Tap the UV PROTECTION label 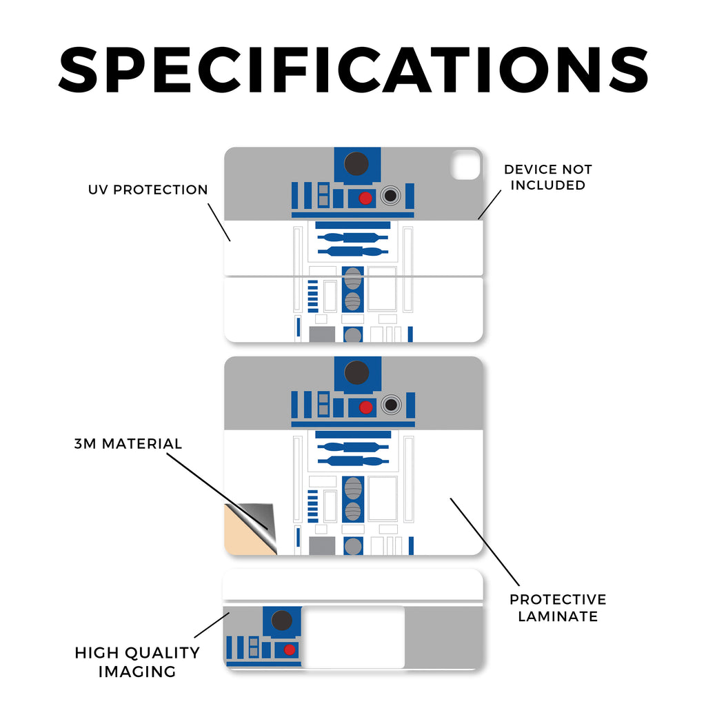click(x=148, y=190)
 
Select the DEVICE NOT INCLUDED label click(x=548, y=177)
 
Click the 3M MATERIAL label click(x=128, y=444)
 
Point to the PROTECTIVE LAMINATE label click(x=558, y=607)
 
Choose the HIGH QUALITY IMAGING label click(x=137, y=661)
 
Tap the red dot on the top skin click(x=365, y=199)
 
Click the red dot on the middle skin click(x=365, y=407)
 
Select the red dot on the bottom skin click(x=290, y=649)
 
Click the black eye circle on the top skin click(x=356, y=164)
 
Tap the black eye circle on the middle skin click(x=356, y=373)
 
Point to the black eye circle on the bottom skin click(x=281, y=621)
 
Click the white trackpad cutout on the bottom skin click(x=352, y=636)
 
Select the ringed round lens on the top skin click(x=391, y=196)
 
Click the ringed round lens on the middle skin click(x=391, y=405)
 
